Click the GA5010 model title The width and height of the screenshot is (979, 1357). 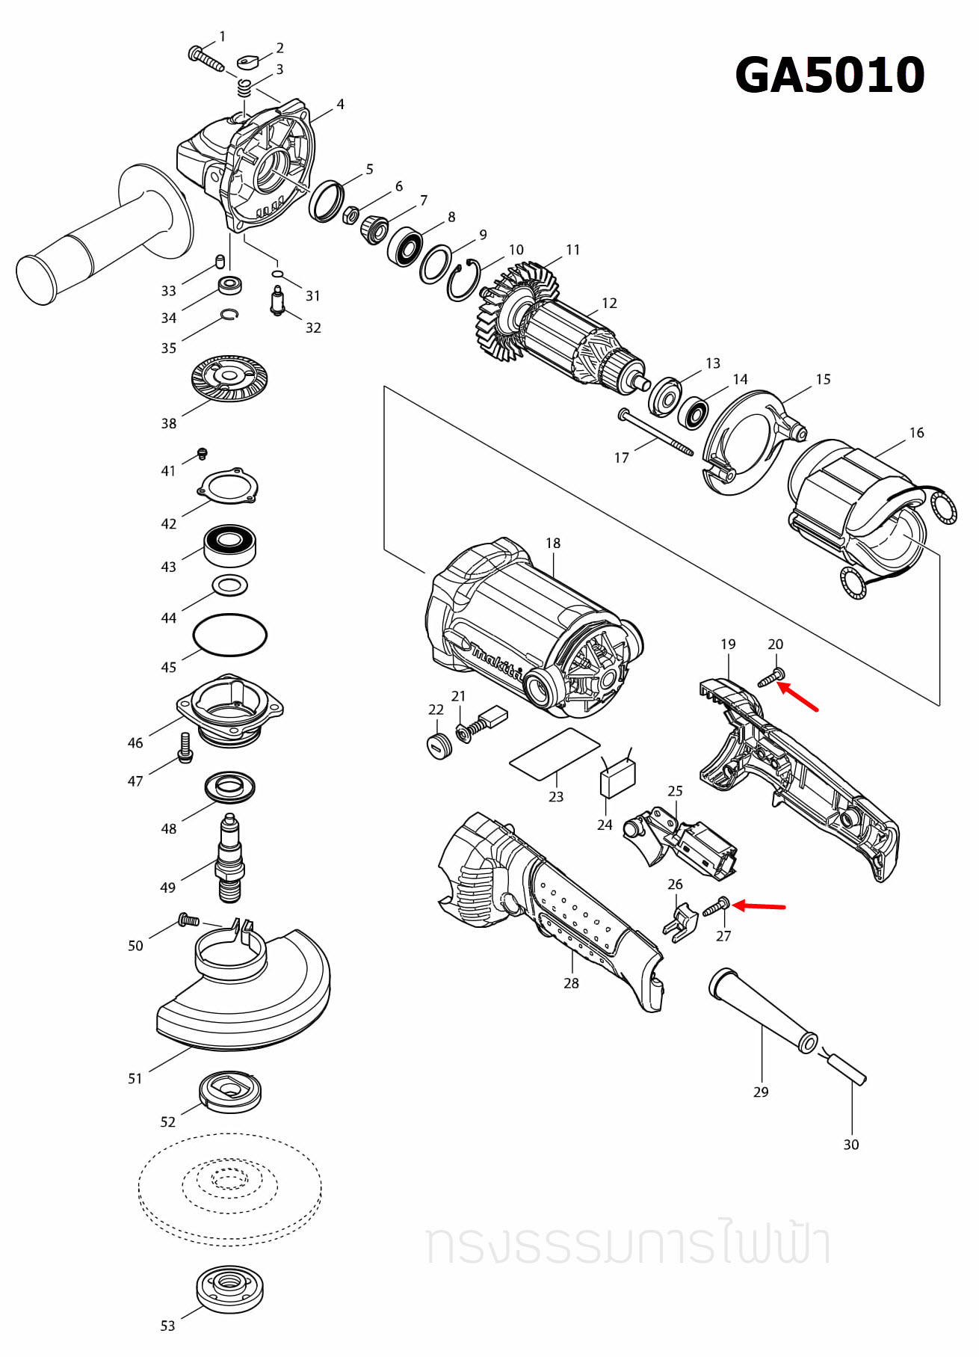click(830, 76)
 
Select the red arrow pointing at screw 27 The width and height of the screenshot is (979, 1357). click(759, 907)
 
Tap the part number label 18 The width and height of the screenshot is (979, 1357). click(553, 544)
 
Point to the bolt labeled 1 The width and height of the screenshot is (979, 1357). click(206, 58)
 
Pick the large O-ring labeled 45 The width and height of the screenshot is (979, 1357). click(230, 636)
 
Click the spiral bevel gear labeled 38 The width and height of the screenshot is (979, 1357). click(229, 378)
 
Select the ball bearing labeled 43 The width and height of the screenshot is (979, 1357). click(230, 545)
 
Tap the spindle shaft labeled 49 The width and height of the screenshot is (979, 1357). click(230, 860)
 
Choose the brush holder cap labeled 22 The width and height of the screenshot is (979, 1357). click(439, 745)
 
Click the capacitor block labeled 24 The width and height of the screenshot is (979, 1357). click(618, 778)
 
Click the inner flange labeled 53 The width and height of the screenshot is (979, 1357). click(230, 1287)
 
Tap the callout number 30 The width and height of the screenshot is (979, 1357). click(851, 1145)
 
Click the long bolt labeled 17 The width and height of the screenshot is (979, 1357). click(656, 433)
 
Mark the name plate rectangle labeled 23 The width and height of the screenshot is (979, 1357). click(555, 754)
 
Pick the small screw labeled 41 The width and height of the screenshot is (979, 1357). click(202, 454)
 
